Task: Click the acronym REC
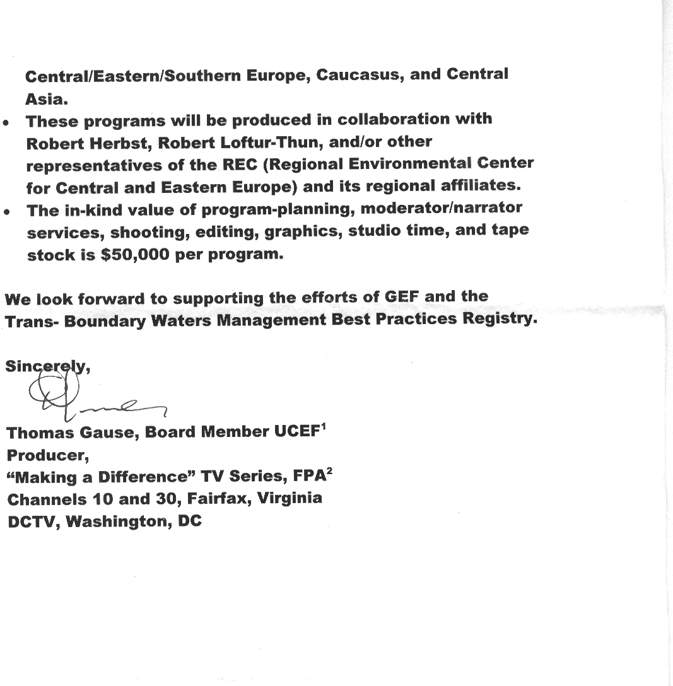point(237,165)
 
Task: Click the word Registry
point(499,319)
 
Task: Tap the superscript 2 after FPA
point(329,472)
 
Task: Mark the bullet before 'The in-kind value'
point(6,213)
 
